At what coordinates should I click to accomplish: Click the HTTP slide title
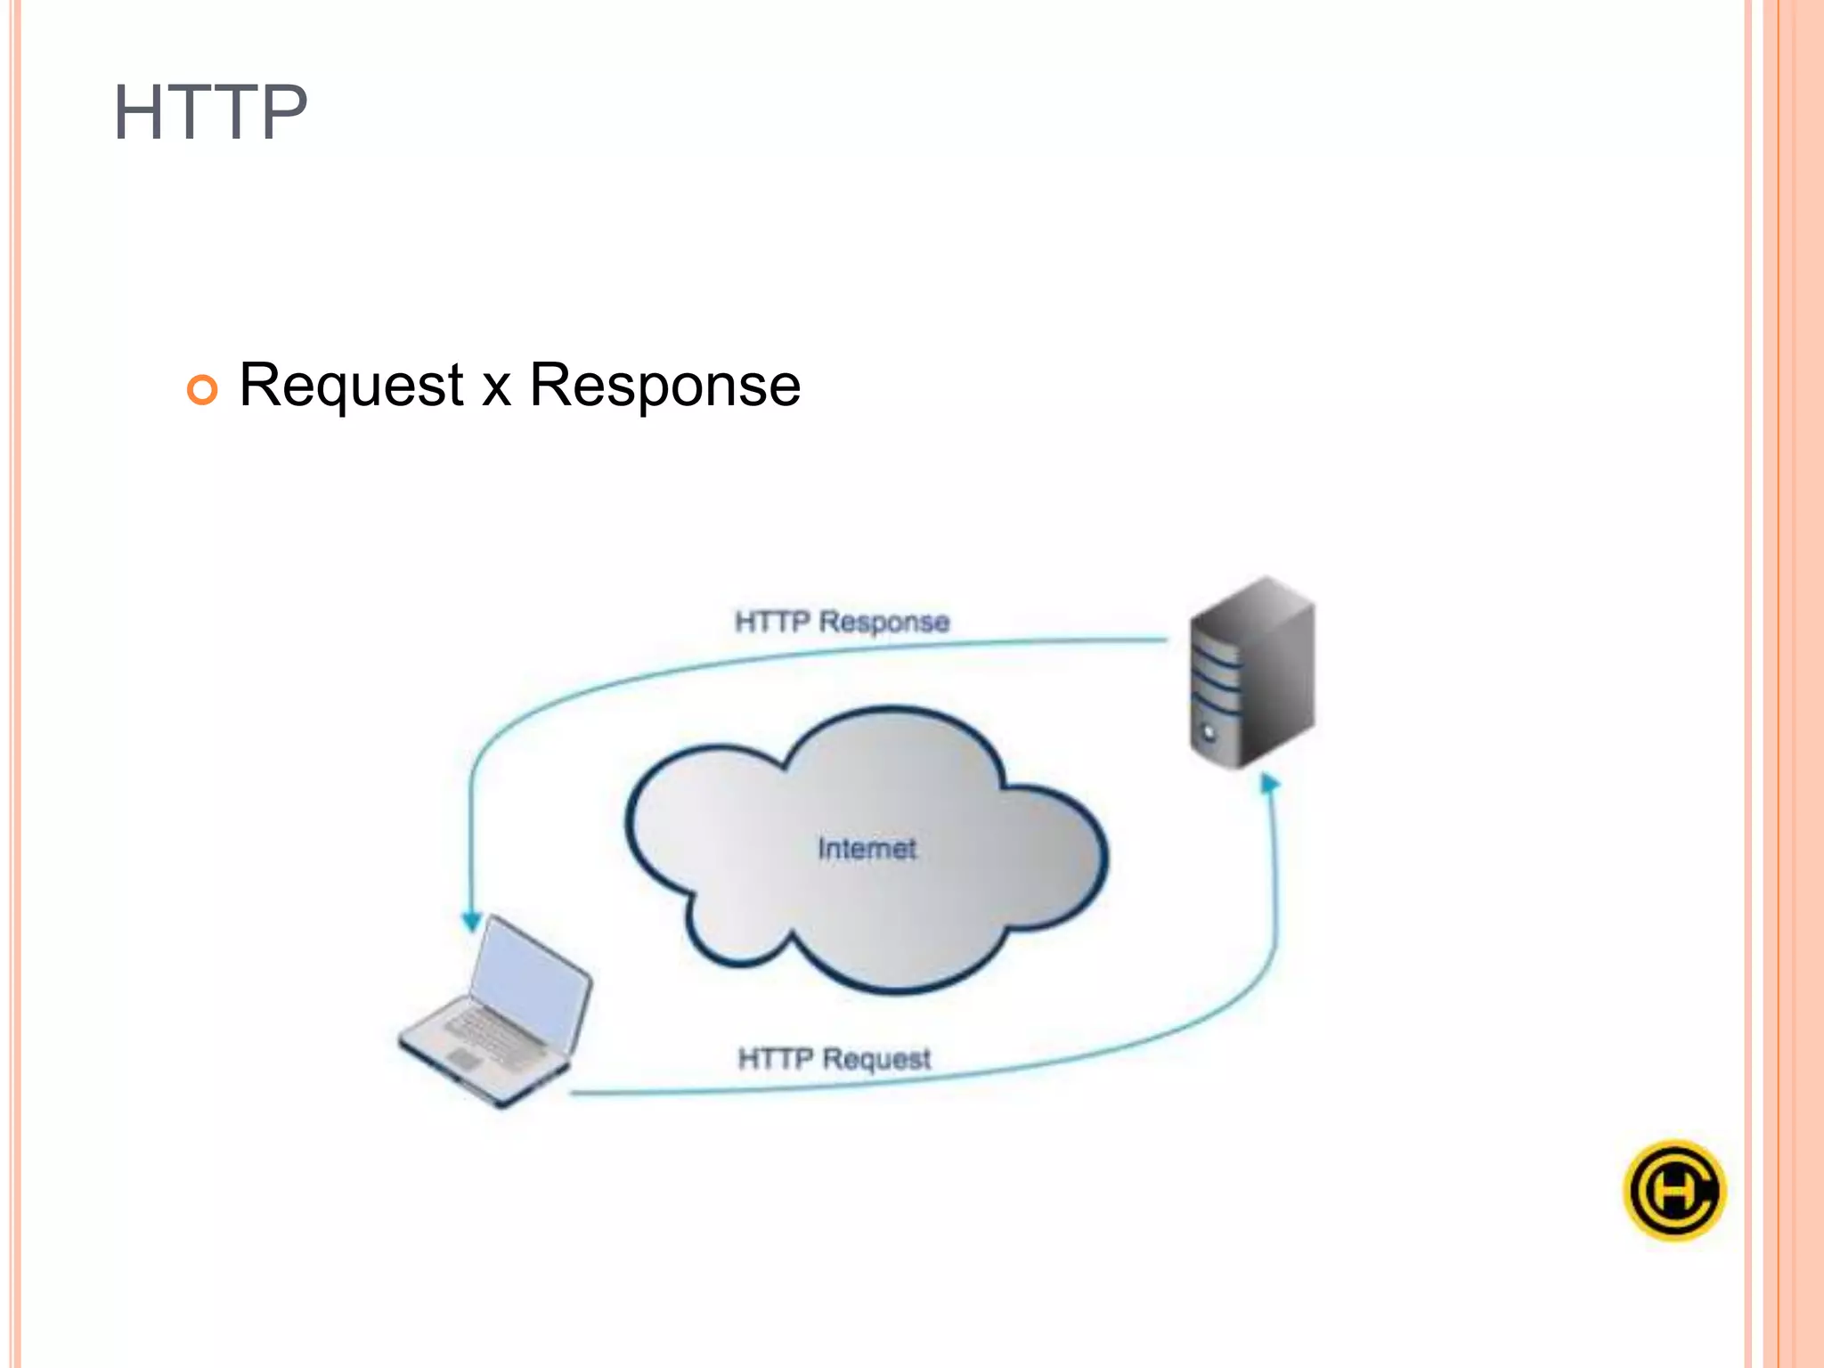pyautogui.click(x=210, y=112)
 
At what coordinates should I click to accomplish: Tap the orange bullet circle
pyautogui.click(x=202, y=389)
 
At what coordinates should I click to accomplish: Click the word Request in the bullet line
pyautogui.click(x=351, y=387)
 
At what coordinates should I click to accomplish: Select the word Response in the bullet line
pyautogui.click(x=664, y=387)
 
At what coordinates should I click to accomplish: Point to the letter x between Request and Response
pyautogui.click(x=496, y=390)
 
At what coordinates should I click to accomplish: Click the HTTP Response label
pyautogui.click(x=842, y=621)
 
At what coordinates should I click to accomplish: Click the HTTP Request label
pyautogui.click(x=834, y=1058)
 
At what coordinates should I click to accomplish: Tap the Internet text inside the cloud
pyautogui.click(x=867, y=848)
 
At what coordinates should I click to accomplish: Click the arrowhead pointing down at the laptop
pyautogui.click(x=471, y=922)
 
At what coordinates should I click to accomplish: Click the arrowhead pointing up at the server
pyautogui.click(x=1270, y=784)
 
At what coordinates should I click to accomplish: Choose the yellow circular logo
pyautogui.click(x=1674, y=1190)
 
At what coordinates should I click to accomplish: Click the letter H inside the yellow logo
pyautogui.click(x=1673, y=1191)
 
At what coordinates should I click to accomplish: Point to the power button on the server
pyautogui.click(x=1209, y=732)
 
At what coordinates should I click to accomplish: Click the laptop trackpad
pyautogui.click(x=463, y=1058)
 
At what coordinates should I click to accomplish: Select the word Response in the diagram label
pyautogui.click(x=883, y=622)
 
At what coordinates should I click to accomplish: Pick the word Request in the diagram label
pyautogui.click(x=876, y=1058)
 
